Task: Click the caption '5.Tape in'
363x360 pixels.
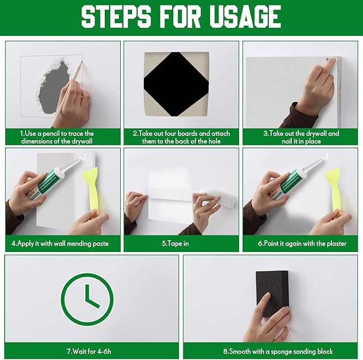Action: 181,243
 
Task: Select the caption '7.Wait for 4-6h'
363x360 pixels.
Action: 91,351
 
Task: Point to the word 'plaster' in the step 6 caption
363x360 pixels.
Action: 335,243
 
